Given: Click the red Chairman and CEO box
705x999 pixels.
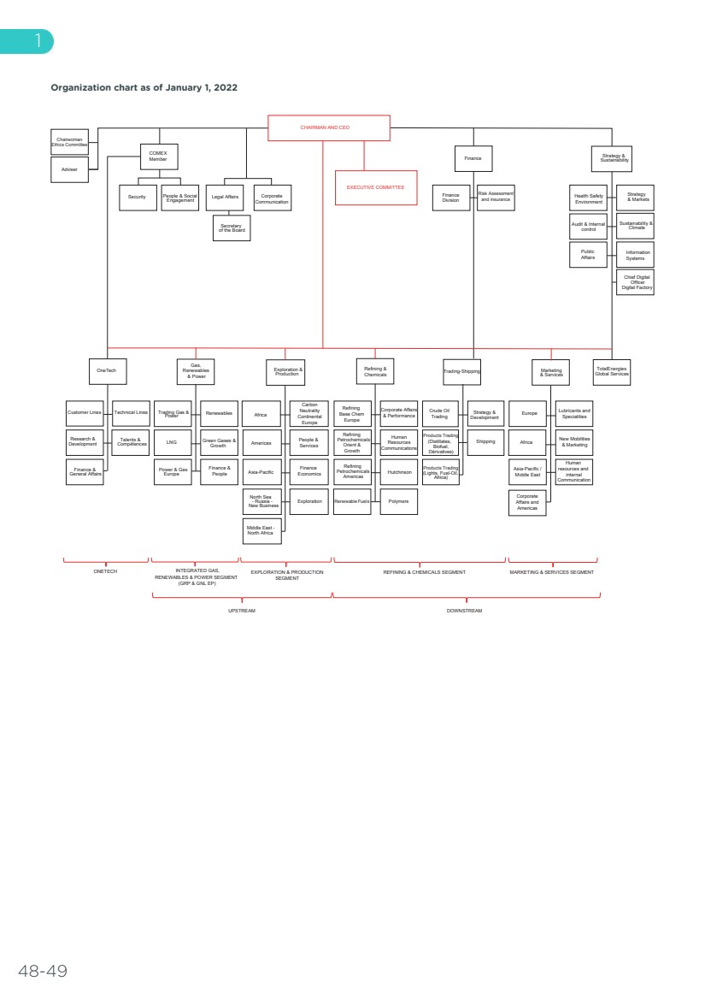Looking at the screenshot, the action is (329, 127).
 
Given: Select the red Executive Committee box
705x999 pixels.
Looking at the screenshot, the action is (375, 187).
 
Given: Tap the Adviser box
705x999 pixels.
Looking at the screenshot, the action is (69, 169).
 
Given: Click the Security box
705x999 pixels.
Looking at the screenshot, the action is (137, 197).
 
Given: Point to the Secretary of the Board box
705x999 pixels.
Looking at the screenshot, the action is (231, 228).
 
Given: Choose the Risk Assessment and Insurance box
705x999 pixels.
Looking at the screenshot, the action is (496, 197).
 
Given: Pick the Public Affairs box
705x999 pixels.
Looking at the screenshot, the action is (587, 255).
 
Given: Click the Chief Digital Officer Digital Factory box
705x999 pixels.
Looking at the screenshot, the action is (635, 283).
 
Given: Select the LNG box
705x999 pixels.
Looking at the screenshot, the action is (172, 443).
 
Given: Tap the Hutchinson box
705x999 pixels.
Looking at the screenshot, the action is (398, 472).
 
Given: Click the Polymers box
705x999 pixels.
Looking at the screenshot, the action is (398, 501).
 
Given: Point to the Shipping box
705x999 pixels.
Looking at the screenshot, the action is (485, 442).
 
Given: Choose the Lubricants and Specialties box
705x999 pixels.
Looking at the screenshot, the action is (574, 413).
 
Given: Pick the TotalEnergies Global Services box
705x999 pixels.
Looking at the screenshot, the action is (612, 371).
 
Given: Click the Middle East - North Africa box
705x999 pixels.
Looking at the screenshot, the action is (261, 531).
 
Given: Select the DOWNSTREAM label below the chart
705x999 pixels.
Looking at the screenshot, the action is (465, 611).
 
